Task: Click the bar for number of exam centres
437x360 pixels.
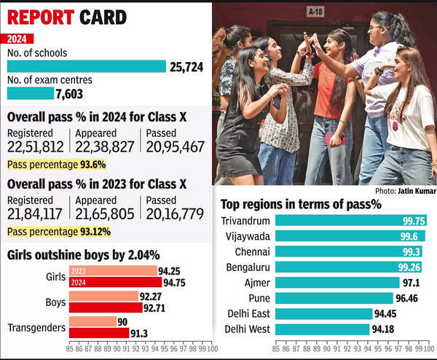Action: (30, 93)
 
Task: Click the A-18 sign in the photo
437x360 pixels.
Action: (315, 11)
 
